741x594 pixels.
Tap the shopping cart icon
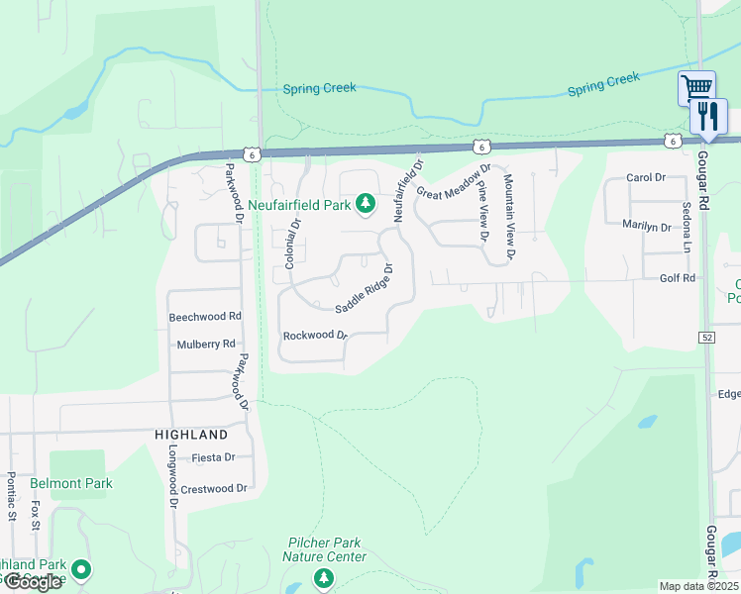pyautogui.click(x=696, y=87)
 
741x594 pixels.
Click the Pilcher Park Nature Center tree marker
pyautogui.click(x=323, y=577)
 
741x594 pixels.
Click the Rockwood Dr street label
pyautogui.click(x=316, y=336)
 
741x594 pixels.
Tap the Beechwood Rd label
pyautogui.click(x=205, y=317)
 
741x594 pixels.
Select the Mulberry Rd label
pyautogui.click(x=206, y=345)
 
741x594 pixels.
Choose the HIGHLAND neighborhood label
pyautogui.click(x=191, y=435)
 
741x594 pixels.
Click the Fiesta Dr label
pyautogui.click(x=214, y=457)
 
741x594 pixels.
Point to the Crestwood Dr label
pyautogui.click(x=213, y=489)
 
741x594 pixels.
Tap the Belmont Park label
pyautogui.click(x=71, y=484)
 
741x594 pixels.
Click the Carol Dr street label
pyautogui.click(x=646, y=177)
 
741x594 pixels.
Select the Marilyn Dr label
pyautogui.click(x=646, y=227)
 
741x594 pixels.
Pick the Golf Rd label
pyautogui.click(x=678, y=279)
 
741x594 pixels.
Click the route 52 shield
pyautogui.click(x=704, y=338)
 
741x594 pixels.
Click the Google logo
pyautogui.click(x=33, y=582)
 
